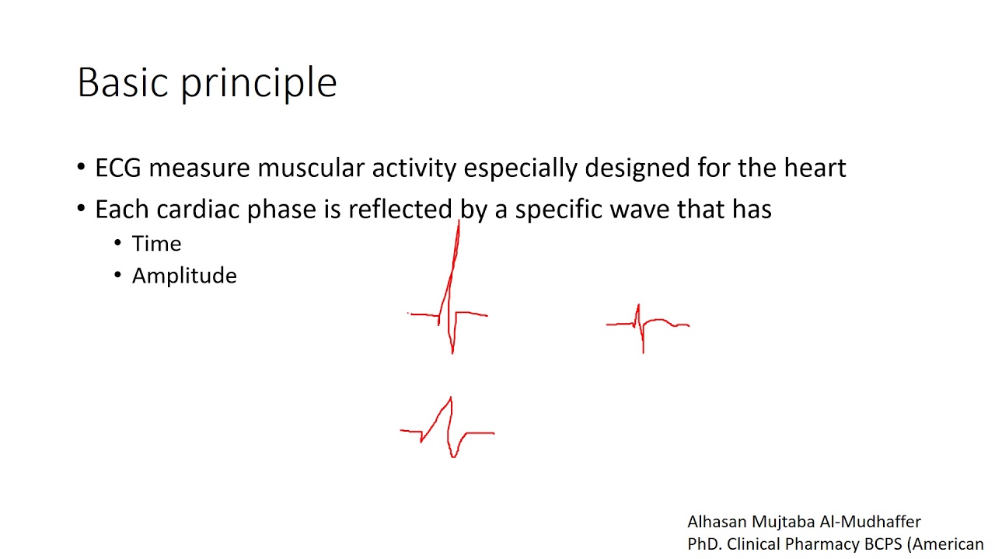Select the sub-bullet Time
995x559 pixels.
point(156,244)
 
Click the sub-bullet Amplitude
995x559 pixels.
point(184,276)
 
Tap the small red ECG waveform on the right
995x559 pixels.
point(645,326)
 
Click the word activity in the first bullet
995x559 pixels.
point(414,168)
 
